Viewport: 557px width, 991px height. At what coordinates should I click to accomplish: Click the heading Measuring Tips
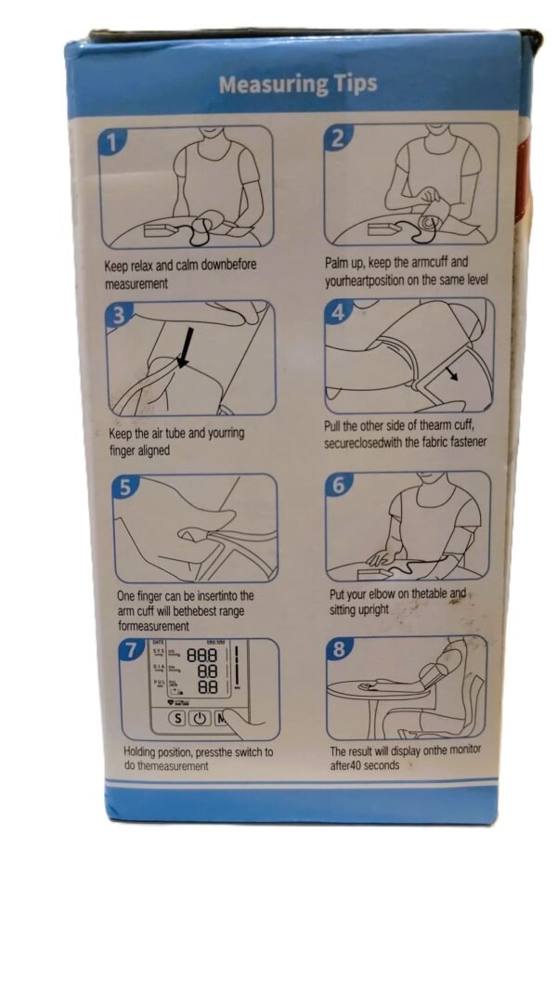pyautogui.click(x=298, y=85)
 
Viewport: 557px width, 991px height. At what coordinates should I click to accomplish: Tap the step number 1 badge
pyautogui.click(x=111, y=142)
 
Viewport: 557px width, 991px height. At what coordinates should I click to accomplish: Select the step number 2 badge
pyautogui.click(x=338, y=138)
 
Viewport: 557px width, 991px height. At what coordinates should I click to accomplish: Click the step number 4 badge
pyautogui.click(x=338, y=312)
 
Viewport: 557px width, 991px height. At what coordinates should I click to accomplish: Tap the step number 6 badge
pyautogui.click(x=339, y=486)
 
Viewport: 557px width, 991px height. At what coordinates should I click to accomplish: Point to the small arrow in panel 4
pyautogui.click(x=453, y=375)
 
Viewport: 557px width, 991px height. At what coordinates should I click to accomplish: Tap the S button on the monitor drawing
pyautogui.click(x=176, y=719)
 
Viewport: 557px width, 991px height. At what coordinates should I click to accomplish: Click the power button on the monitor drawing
pyautogui.click(x=201, y=719)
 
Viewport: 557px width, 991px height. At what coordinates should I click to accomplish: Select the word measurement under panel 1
pyautogui.click(x=136, y=284)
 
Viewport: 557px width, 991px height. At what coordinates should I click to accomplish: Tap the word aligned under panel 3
pyautogui.click(x=153, y=451)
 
